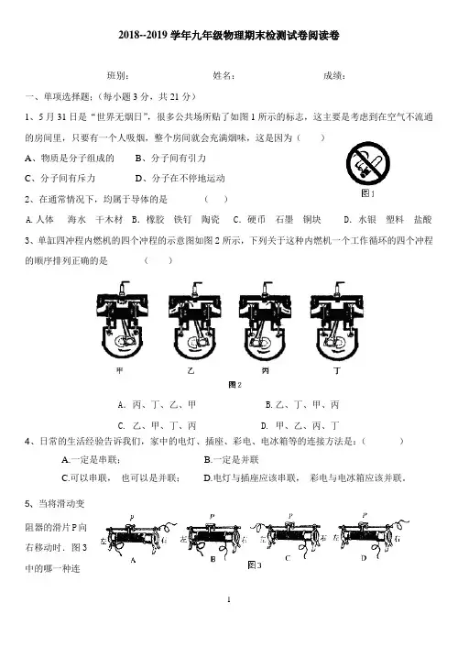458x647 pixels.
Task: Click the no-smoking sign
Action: tap(368, 163)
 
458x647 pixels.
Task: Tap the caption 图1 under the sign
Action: tap(367, 193)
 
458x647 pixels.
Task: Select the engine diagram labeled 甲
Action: tap(122, 321)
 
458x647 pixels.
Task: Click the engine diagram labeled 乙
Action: tap(193, 321)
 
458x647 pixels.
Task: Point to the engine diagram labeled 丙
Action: tap(265, 321)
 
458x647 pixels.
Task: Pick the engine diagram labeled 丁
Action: tap(337, 321)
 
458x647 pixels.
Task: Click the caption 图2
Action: tap(234, 385)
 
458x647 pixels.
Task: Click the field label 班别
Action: tap(117, 75)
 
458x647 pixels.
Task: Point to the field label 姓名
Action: tap(224, 75)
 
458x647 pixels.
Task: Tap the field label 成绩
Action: tap(334, 75)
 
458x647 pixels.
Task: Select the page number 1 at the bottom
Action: tap(229, 599)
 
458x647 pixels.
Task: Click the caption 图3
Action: tap(255, 565)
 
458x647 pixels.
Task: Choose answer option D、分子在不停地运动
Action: tap(180, 179)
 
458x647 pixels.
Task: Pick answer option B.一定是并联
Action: tap(232, 460)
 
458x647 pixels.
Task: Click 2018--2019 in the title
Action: tap(143, 36)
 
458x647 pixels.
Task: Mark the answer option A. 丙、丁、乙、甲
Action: tap(157, 405)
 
